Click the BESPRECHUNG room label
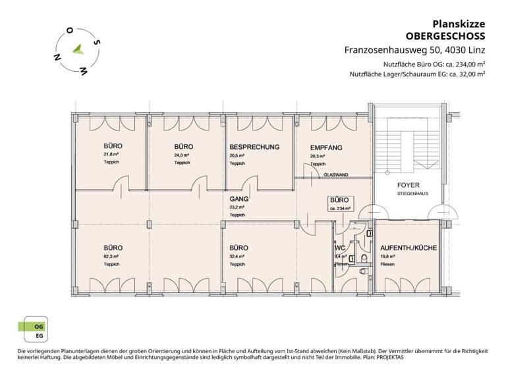point(254,147)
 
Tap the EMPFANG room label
point(325,148)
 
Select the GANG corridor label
point(238,198)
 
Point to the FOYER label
point(408,185)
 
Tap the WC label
point(341,248)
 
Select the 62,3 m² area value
point(111,256)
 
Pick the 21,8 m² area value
point(111,155)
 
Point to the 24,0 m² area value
point(182,155)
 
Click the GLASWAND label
point(336,175)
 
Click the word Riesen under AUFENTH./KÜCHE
point(387,264)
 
